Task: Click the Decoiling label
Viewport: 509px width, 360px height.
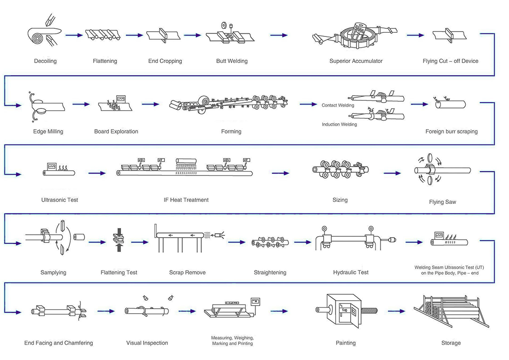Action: pos(45,61)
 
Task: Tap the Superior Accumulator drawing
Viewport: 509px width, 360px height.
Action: pos(355,36)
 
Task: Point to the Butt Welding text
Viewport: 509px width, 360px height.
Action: pos(232,61)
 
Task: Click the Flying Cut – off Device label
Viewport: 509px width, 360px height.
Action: pos(450,61)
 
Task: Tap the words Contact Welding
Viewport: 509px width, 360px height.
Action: pos(338,105)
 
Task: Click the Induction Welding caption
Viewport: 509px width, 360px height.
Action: pos(339,124)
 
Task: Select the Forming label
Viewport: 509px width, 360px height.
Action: pos(231,131)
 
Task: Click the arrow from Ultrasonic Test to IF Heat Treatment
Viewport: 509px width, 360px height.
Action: pos(97,173)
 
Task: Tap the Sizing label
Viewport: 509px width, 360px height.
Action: pos(340,200)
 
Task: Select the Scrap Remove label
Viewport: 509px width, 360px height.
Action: pos(187,272)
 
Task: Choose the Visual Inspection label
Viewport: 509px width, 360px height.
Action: pos(147,343)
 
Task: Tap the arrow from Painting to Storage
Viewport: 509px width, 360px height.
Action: pos(396,311)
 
